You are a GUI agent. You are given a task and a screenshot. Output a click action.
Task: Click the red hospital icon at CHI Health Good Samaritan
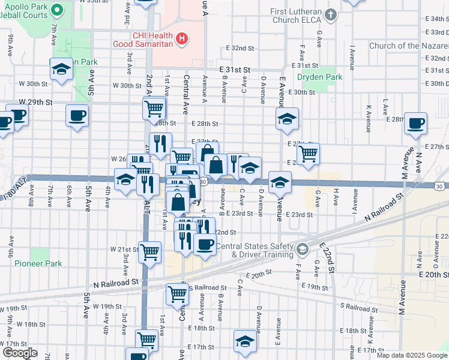coord(182,40)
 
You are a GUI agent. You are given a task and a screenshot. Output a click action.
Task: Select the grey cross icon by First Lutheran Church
coord(330,13)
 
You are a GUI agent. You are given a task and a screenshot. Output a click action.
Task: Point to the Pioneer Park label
coord(38,263)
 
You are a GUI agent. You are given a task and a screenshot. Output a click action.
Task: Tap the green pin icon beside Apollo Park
coord(58,10)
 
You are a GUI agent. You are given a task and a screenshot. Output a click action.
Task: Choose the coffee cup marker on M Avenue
coord(415,123)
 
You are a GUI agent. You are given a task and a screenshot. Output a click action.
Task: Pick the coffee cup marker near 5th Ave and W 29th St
coord(77,115)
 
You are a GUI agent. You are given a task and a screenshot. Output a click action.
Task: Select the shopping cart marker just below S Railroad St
coord(178,293)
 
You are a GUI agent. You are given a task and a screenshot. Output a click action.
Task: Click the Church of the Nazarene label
coord(408,46)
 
